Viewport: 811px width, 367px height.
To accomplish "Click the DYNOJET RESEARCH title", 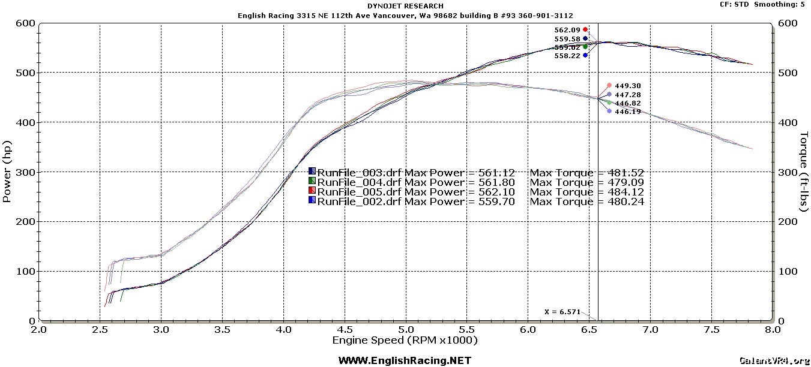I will [405, 6].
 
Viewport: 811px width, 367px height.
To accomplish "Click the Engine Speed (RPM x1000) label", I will [405, 341].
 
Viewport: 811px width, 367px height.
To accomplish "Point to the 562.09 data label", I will [567, 29].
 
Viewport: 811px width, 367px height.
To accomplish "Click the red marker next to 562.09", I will [585, 29].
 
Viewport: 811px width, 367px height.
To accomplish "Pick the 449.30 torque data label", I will [629, 86].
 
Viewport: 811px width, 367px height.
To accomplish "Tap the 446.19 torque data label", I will [629, 112].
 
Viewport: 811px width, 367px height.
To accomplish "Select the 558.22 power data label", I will [567, 55].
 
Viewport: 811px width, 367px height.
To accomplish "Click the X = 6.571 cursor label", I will [562, 312].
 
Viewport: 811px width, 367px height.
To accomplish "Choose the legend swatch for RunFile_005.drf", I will [312, 191].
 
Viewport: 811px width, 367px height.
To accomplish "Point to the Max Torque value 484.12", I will [626, 192].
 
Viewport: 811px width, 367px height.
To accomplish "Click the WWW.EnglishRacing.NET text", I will [405, 360].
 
